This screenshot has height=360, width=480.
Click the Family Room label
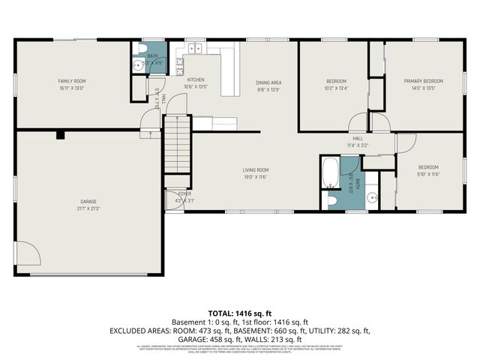73,83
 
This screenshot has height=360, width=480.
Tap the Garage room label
88,205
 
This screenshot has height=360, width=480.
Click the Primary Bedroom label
423,83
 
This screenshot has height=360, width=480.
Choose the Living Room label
256,173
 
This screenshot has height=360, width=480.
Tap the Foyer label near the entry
174,197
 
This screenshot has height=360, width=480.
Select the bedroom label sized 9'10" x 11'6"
428,170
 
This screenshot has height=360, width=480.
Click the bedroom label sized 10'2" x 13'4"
336,83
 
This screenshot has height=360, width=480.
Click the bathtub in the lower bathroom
330,172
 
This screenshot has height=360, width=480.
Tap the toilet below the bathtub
331,200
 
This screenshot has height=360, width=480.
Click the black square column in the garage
60,135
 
